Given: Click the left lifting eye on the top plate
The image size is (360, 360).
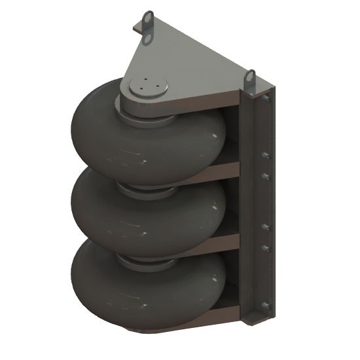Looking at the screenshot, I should click(x=149, y=18).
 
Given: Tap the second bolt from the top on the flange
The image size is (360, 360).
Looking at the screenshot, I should click(x=266, y=155).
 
